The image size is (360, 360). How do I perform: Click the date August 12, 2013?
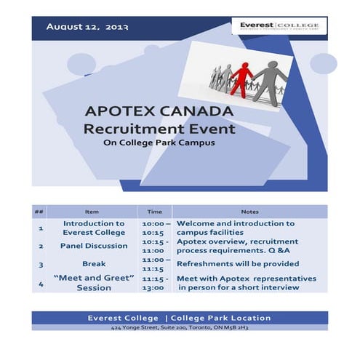coord(87,27)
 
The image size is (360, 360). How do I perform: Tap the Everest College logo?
coord(279,28)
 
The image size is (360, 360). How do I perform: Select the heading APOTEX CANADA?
coord(159,112)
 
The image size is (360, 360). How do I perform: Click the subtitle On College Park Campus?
coord(160,143)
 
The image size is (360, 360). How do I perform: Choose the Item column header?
coord(92,212)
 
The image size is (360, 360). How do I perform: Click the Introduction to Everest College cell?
coord(94,228)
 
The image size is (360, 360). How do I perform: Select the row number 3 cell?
coord(41,265)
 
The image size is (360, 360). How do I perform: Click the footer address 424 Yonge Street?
coord(179,329)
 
